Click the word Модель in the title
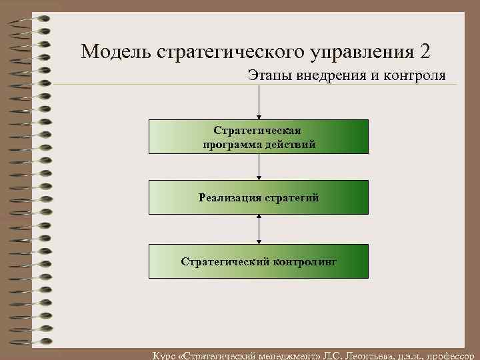pos(115,51)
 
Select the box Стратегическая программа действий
pos(259,137)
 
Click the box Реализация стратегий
pos(259,197)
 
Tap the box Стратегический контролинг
pos(259,261)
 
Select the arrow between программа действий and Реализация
pos(259,167)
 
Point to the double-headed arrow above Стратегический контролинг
pos(259,229)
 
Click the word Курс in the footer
pos(165,355)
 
